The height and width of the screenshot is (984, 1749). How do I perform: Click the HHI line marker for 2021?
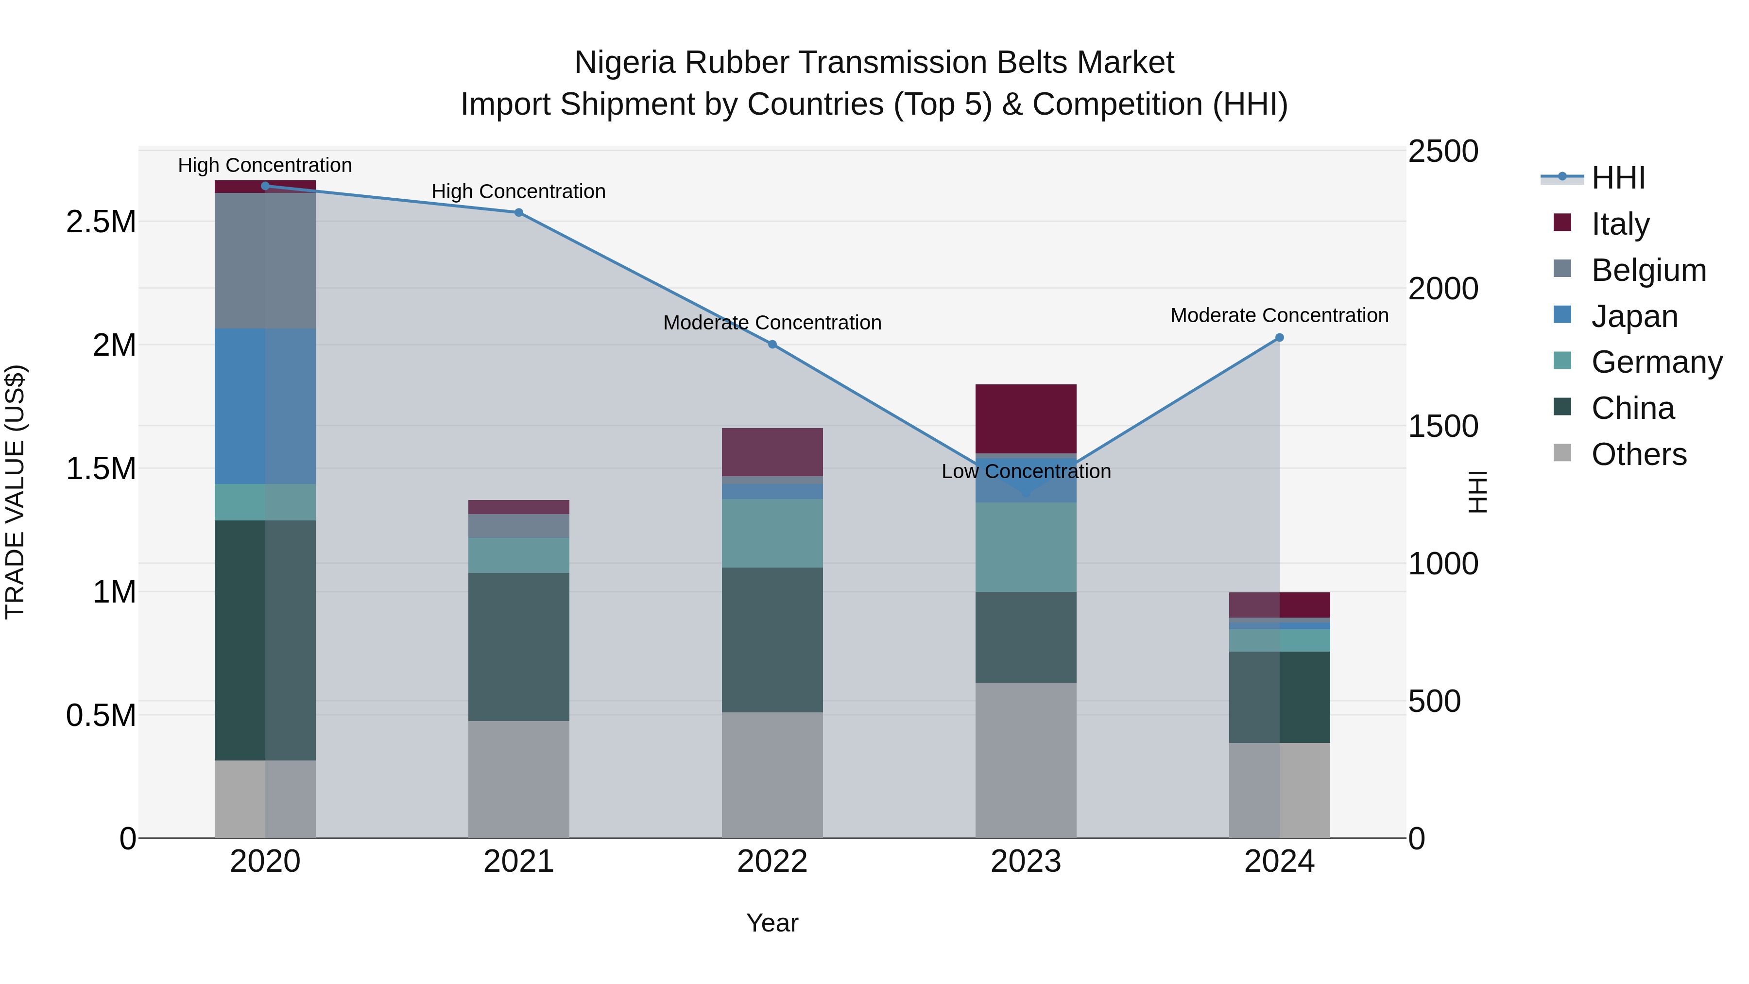[x=519, y=212]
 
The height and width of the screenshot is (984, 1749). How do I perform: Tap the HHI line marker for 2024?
[x=1279, y=338]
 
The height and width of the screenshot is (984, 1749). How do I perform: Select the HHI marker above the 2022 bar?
[x=772, y=345]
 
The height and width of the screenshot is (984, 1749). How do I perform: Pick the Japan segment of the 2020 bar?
[x=265, y=406]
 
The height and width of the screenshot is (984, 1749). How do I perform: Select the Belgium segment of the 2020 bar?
[x=265, y=261]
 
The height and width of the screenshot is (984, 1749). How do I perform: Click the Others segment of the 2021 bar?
[x=519, y=779]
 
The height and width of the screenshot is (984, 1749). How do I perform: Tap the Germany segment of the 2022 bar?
[x=772, y=533]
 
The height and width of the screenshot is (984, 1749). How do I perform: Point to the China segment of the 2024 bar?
[x=1279, y=697]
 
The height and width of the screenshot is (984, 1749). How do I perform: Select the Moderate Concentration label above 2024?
[x=1279, y=316]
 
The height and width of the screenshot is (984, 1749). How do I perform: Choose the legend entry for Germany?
[x=1657, y=362]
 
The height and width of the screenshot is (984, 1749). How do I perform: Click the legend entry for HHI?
[x=1618, y=178]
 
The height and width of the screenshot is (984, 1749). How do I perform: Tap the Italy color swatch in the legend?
[x=1562, y=223]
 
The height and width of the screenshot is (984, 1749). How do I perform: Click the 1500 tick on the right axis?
[x=1443, y=427]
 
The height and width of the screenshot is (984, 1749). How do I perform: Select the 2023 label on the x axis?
[x=1025, y=862]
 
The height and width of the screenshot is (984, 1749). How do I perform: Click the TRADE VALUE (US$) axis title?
[x=15, y=492]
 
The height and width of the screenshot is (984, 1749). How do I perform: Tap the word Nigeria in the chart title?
[x=625, y=63]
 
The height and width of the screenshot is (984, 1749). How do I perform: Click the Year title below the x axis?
[x=772, y=923]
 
